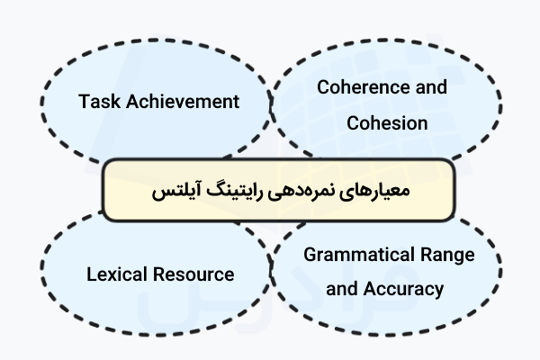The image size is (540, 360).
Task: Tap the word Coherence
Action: [x=356, y=87]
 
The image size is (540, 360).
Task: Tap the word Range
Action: [x=449, y=256]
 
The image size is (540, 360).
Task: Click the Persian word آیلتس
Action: [x=174, y=192]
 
